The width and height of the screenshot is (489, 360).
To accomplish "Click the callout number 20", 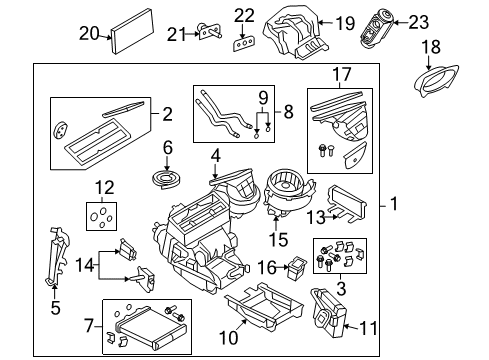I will coord(90,32).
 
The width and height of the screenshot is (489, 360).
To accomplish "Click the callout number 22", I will coord(244,14).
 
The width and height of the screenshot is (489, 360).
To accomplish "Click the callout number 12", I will coord(105,188).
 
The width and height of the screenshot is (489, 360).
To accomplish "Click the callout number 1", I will coord(394,206).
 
